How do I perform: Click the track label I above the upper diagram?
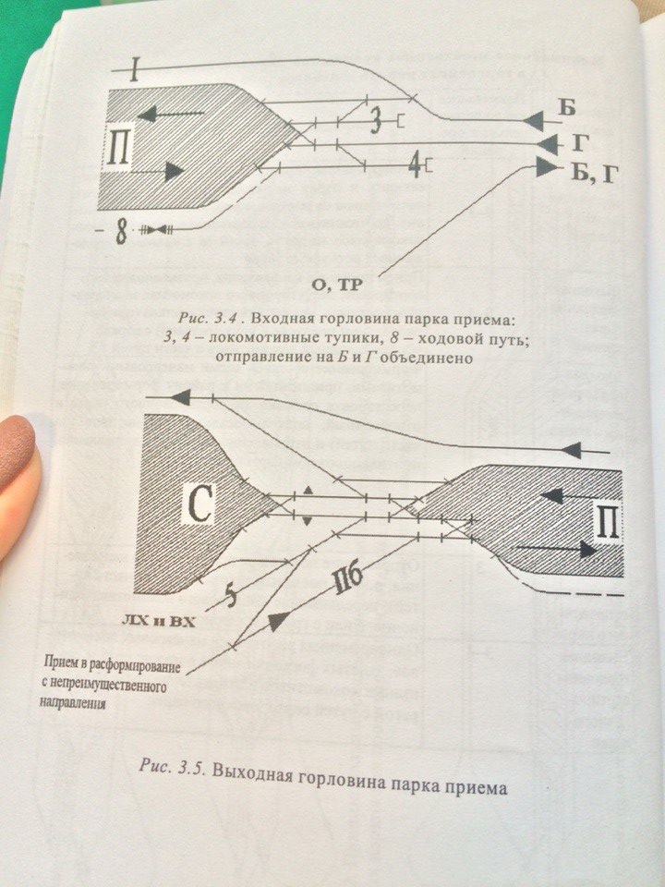[135, 70]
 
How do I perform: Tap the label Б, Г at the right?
[589, 170]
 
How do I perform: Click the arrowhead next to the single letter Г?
[548, 143]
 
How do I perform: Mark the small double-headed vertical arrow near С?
[308, 504]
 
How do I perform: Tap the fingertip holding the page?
[18, 462]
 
